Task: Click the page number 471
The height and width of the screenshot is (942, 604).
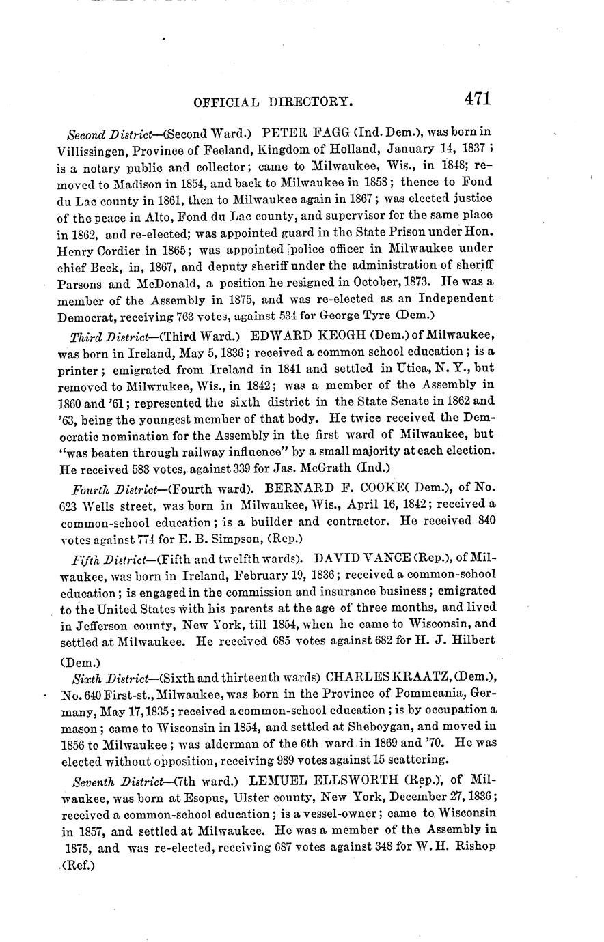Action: coord(478,98)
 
